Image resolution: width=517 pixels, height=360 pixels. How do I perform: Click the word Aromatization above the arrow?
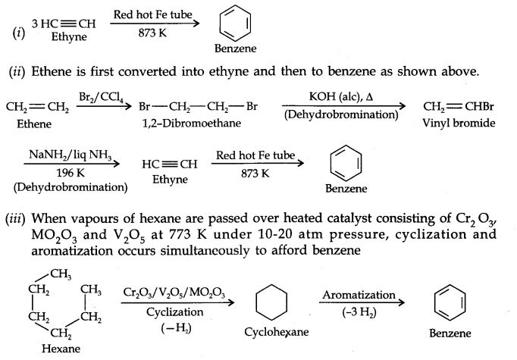(359, 294)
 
